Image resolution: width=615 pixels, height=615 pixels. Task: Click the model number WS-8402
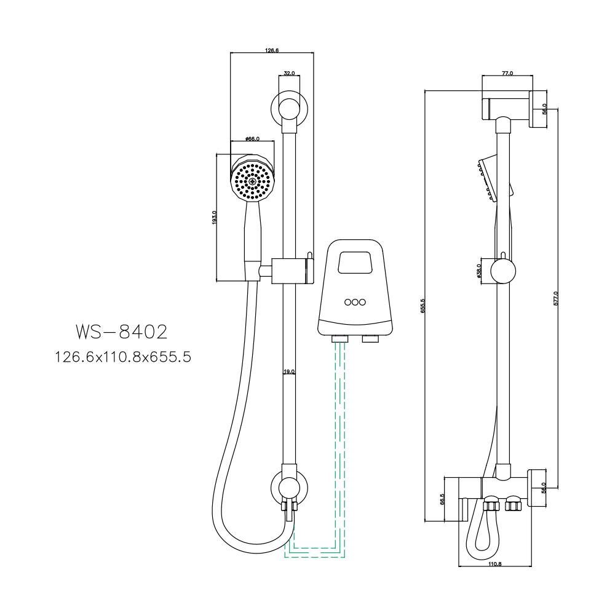(121, 332)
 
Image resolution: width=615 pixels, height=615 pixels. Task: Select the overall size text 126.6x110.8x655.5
(121, 356)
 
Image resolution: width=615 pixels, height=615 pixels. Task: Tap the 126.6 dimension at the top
(272, 50)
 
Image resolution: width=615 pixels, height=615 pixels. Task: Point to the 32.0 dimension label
(288, 73)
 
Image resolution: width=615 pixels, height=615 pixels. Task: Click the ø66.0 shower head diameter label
(251, 139)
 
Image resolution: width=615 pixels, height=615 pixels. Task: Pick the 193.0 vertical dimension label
(214, 218)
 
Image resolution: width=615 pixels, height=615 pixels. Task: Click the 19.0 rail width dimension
(289, 371)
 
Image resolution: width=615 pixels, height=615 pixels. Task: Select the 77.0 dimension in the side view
(507, 73)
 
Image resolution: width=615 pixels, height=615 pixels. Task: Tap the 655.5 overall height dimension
(423, 306)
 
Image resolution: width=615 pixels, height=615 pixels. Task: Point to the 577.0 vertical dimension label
(555, 298)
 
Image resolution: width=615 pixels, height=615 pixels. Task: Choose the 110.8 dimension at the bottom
(495, 565)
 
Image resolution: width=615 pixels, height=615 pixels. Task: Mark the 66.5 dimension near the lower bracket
(442, 499)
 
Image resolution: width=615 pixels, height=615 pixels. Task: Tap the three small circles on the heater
(354, 302)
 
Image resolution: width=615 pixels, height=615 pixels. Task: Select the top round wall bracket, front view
(288, 109)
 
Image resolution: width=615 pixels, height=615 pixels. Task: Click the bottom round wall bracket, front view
(288, 489)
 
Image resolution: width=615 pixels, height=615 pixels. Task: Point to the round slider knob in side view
(503, 271)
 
